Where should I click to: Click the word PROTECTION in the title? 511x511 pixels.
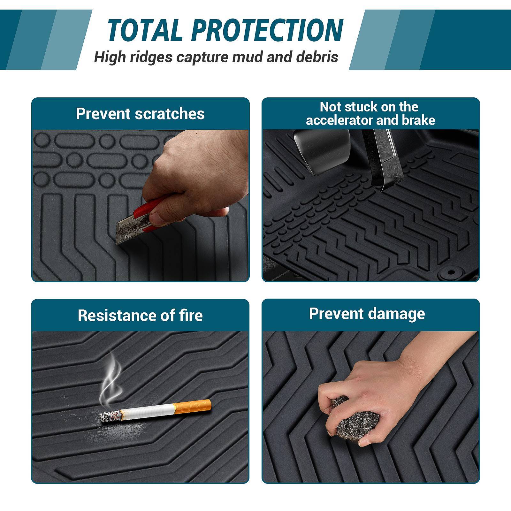point(268,30)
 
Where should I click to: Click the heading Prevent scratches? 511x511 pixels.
point(140,114)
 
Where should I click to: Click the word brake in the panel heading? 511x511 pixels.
point(420,120)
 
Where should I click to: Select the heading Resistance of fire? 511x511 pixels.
point(140,316)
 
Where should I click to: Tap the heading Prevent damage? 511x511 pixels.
point(367,314)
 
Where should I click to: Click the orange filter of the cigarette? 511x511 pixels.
point(192,406)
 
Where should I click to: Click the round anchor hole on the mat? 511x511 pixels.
point(451,272)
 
